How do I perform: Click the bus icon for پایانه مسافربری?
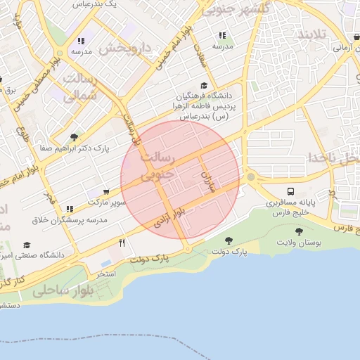(290, 191)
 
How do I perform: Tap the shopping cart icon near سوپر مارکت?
(105, 191)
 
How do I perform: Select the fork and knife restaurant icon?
(122, 243)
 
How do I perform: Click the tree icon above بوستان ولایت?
(299, 231)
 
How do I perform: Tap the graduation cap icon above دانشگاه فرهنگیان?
(204, 85)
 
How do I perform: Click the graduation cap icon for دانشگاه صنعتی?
(27, 245)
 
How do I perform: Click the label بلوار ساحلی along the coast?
(63, 290)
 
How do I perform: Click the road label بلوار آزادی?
(171, 219)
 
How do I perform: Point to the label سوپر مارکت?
(107, 202)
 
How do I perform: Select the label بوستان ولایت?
(299, 243)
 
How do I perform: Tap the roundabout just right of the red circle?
(250, 178)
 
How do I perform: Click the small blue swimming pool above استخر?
(106, 264)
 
